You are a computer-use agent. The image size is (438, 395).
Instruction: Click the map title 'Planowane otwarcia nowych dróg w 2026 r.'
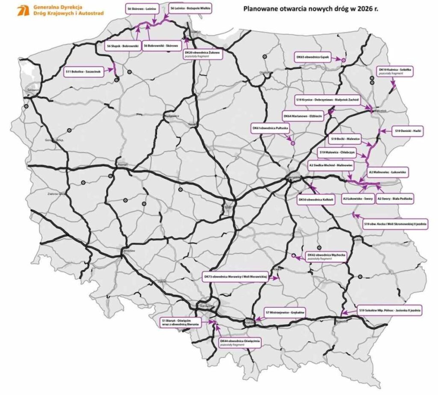tap(311, 8)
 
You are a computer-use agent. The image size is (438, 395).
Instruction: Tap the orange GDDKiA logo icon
tap(23, 11)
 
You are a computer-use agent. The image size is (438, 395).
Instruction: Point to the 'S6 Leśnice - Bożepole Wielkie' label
tap(190, 9)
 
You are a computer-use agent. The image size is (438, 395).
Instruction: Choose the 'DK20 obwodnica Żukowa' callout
tap(202, 53)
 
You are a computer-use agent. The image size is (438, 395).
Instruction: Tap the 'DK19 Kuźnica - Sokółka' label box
tap(396, 71)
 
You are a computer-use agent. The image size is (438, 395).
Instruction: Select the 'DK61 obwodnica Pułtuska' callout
tap(271, 128)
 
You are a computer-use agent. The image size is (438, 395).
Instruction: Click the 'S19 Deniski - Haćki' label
tap(408, 132)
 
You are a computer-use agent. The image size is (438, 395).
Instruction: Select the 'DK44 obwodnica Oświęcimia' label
tap(240, 342)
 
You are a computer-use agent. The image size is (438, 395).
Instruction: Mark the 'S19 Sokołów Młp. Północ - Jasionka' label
tap(390, 310)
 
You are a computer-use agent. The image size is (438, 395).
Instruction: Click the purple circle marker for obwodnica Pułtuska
tap(293, 143)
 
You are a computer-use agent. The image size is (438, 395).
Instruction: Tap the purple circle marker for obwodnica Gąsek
tap(343, 60)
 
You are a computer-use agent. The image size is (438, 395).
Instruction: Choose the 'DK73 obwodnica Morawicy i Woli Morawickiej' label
tap(235, 277)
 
